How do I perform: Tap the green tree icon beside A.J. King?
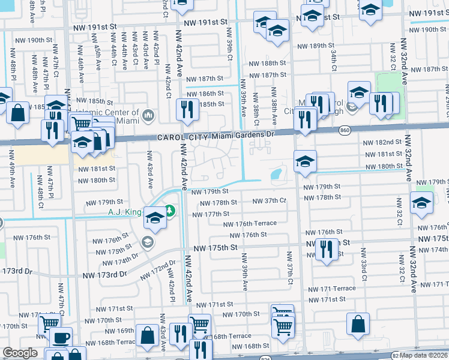pos(170,211)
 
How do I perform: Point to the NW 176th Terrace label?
pos(250,224)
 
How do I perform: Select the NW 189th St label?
pos(318,46)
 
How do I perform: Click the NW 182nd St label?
pos(382,142)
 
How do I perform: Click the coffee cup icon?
pos(60,338)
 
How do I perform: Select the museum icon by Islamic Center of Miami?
pos(148,115)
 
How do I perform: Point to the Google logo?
pos(20,353)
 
